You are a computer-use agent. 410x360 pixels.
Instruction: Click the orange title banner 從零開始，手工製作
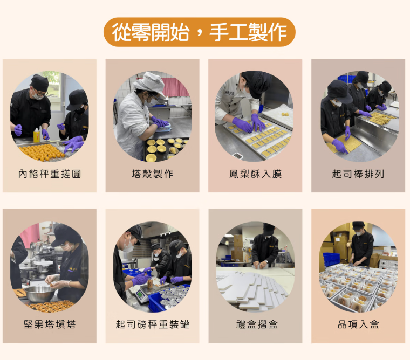199,32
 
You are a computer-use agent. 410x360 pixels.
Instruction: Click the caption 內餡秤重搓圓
50,174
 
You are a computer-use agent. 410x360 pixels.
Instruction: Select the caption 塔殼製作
152,174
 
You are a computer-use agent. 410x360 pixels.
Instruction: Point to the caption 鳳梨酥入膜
255,174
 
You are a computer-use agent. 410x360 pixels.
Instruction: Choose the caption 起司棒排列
358,174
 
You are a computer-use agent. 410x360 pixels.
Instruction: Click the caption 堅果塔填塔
50,324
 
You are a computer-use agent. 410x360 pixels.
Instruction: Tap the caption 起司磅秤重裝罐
152,324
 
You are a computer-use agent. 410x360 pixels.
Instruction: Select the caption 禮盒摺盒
255,324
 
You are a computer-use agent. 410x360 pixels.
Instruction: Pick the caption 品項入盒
358,324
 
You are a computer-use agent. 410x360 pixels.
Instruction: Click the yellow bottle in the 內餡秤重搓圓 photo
36,135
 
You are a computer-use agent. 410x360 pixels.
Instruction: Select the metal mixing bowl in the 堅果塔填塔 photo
38,294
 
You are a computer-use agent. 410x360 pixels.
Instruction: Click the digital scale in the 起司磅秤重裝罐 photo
142,295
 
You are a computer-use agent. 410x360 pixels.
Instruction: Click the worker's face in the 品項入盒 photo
358,231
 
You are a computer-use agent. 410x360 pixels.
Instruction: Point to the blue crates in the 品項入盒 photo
330,258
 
